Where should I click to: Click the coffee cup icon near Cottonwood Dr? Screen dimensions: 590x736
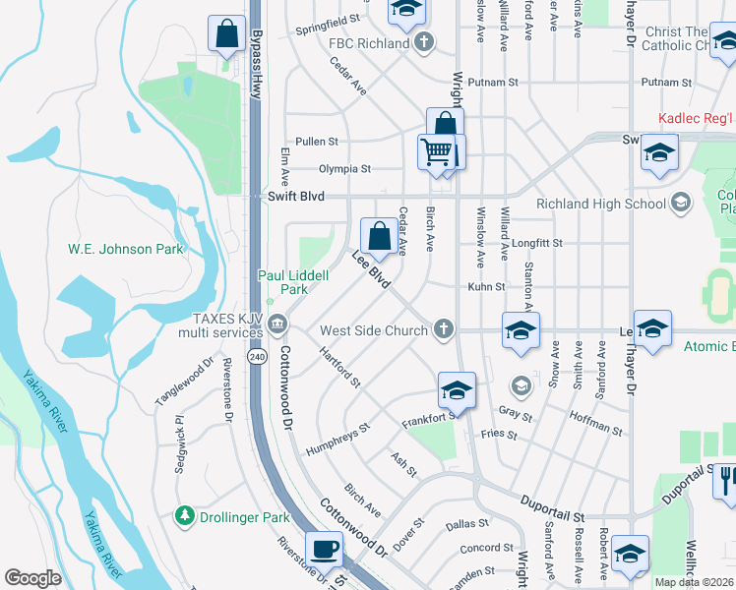click(x=324, y=549)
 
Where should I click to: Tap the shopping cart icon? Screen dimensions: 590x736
click(x=436, y=152)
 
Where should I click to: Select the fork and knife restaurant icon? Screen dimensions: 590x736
click(x=724, y=479)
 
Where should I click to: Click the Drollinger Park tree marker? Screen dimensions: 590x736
click(x=184, y=515)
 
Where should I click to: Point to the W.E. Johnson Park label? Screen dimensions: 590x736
click(x=125, y=249)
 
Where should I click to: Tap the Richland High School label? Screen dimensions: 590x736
click(x=601, y=205)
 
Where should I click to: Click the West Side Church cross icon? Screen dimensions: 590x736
click(x=444, y=329)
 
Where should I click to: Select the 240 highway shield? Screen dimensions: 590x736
click(x=257, y=354)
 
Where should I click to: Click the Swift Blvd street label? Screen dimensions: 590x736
click(x=296, y=197)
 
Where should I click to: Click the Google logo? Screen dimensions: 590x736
click(x=32, y=577)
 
